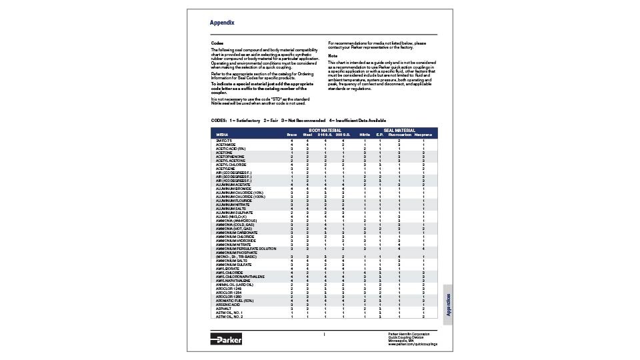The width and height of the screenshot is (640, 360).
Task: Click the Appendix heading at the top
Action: point(222,23)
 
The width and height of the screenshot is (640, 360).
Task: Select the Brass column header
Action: point(291,135)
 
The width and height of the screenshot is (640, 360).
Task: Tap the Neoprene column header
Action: point(423,135)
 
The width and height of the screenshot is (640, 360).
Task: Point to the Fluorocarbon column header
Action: point(399,135)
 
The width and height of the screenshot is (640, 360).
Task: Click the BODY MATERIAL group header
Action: point(325,131)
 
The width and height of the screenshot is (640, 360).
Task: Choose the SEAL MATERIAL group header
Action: point(399,131)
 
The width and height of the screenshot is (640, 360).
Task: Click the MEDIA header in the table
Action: point(222,135)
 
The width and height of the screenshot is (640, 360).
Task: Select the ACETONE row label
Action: point(225,152)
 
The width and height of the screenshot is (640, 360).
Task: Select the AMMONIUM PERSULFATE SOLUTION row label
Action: point(245,249)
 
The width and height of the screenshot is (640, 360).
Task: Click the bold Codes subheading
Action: point(217,43)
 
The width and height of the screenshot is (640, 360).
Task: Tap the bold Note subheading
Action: point(333,55)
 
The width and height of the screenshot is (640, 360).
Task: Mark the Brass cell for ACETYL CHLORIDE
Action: point(291,164)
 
